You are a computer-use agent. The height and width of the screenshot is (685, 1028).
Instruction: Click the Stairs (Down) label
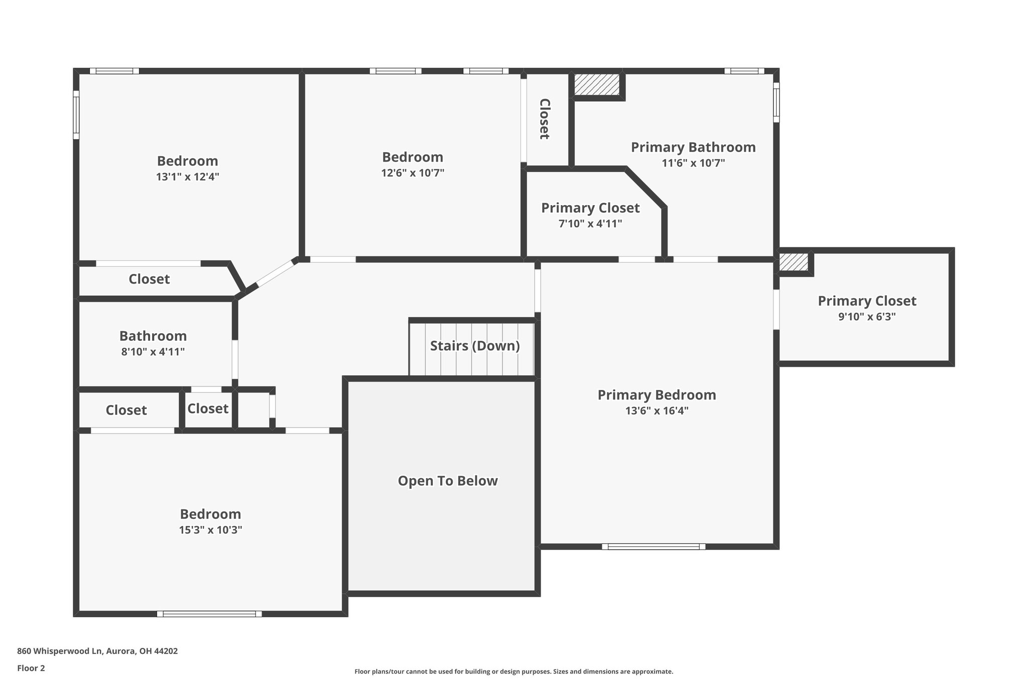point(474,346)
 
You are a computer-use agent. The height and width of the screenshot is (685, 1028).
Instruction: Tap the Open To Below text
point(447,481)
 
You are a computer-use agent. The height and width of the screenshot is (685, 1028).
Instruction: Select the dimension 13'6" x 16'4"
point(656,410)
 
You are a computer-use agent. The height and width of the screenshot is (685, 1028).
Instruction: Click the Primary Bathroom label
point(693,147)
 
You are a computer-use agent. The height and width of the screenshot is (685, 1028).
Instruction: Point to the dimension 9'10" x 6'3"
point(866,317)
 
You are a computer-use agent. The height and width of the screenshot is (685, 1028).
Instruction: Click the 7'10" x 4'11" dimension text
point(590,223)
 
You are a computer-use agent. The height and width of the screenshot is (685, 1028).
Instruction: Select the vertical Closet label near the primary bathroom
point(544,119)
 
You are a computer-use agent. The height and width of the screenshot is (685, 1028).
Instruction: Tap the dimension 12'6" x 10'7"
point(412,173)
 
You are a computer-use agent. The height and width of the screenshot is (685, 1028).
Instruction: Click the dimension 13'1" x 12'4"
point(187,177)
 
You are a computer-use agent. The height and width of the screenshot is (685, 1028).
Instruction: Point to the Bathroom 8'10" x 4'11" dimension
point(153,351)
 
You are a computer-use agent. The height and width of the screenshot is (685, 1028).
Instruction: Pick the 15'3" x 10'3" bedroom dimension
point(210,530)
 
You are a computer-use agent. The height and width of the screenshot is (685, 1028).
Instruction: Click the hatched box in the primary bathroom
point(597,84)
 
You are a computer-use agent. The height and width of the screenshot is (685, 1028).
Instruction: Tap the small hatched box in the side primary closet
point(794,262)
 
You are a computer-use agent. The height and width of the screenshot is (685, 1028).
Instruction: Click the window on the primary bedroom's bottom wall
point(653,546)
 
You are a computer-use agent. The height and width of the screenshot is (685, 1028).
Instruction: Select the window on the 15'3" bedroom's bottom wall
point(209,613)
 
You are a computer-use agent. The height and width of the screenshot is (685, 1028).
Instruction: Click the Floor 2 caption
point(31,668)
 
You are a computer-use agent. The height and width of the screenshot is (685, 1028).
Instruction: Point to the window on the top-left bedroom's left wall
point(76,115)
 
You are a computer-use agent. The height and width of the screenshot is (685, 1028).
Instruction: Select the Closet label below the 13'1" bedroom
point(149,279)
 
